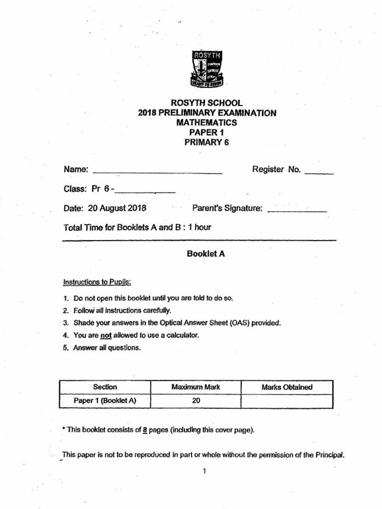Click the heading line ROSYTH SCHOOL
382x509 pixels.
[x=206, y=103]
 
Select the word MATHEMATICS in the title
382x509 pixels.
[x=206, y=122]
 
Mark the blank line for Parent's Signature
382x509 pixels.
[x=297, y=211]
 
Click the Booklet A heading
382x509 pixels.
[x=206, y=254]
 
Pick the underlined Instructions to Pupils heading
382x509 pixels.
[x=97, y=282]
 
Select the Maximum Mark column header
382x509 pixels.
[x=195, y=387]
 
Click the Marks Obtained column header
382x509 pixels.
[x=286, y=387]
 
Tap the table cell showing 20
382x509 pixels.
[x=195, y=401]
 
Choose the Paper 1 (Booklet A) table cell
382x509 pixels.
[x=104, y=401]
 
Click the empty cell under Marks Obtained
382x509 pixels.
[x=286, y=401]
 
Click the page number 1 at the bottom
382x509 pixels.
[x=204, y=471]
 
